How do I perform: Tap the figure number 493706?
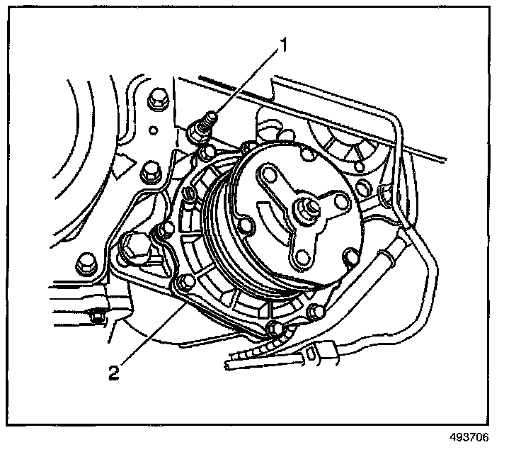pyautogui.click(x=469, y=437)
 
